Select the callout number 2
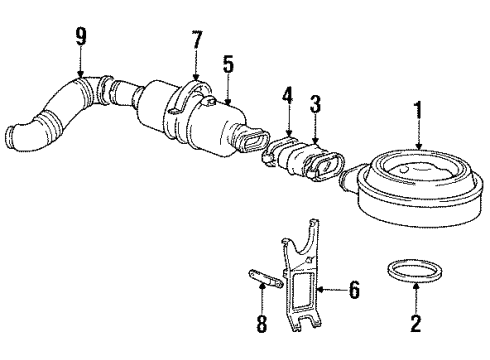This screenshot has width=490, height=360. [x=416, y=323]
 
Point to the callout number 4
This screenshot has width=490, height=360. [x=287, y=97]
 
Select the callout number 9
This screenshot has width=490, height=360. [x=81, y=37]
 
